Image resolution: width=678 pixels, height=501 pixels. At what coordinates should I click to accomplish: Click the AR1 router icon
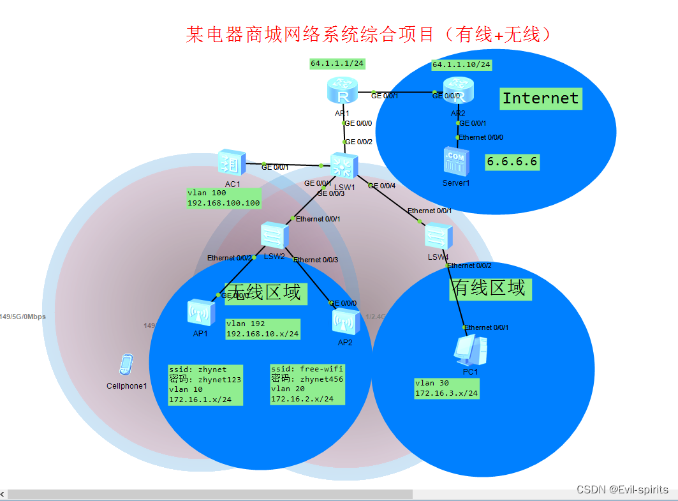point(343,90)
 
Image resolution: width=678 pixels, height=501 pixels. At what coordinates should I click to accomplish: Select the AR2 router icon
point(458,90)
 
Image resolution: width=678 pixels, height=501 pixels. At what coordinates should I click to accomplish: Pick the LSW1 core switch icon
point(344,167)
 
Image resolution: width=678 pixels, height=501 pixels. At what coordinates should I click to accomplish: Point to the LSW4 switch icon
point(439,237)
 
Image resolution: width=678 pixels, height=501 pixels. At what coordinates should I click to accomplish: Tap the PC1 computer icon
point(470,350)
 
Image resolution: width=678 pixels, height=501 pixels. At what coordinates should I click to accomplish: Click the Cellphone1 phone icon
point(126,365)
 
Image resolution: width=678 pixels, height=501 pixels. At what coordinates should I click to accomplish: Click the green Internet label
point(540,98)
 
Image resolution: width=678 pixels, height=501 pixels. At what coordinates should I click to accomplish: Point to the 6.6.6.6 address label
point(512,162)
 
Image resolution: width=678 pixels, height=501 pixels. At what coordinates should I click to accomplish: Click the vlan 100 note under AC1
point(224,198)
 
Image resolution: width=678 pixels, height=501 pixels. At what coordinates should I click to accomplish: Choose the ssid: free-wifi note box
point(307,384)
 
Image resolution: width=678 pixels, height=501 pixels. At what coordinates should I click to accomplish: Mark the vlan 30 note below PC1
point(446,389)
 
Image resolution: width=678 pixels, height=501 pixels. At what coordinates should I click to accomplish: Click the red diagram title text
point(368,34)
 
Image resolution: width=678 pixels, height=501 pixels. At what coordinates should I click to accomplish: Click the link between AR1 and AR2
point(401,93)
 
